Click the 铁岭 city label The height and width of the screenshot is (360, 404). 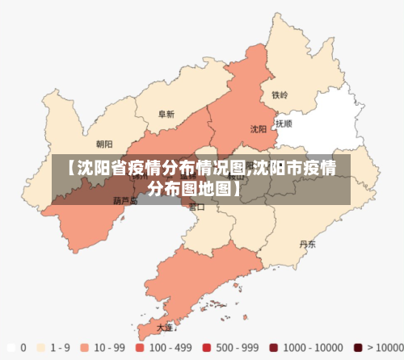tap(280, 94)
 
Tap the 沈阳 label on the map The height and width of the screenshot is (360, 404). tap(259, 128)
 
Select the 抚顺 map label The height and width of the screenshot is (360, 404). tap(284, 124)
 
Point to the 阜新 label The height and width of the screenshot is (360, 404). tap(166, 115)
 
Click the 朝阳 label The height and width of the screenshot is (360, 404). tap(104, 145)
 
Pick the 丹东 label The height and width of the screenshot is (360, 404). tap(308, 243)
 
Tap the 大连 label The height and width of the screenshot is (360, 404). tap(165, 328)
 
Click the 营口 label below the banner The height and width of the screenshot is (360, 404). tap(196, 207)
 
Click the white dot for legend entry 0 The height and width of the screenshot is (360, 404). tap(10, 347)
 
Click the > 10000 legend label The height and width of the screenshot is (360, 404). tap(383, 347)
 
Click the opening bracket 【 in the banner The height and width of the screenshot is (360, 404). tap(70, 169)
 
